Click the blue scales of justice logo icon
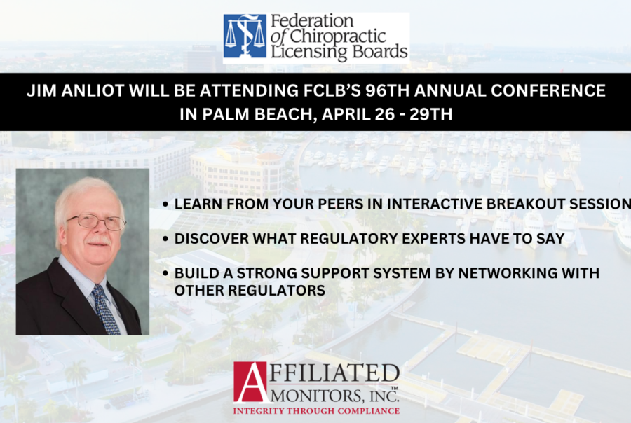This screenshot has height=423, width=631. (x=245, y=36)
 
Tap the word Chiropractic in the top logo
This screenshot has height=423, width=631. (x=338, y=36)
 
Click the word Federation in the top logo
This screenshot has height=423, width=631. (x=312, y=20)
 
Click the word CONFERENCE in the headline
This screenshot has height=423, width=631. (x=548, y=91)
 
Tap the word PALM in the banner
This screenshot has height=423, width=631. (x=226, y=115)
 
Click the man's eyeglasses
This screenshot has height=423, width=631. (x=97, y=221)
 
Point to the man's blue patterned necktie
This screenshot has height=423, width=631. (x=105, y=309)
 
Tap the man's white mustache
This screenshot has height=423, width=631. (x=99, y=241)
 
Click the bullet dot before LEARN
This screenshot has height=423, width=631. (x=165, y=204)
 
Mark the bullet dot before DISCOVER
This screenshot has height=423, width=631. (x=165, y=240)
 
